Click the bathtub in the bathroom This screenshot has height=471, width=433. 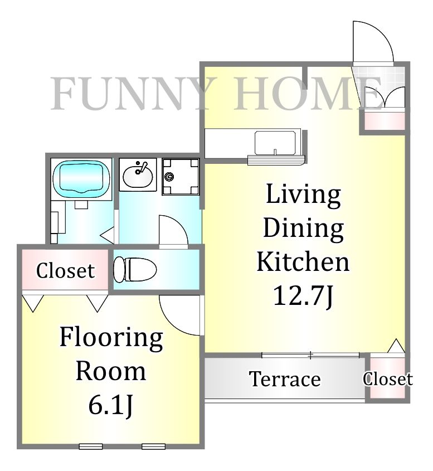point(81,178)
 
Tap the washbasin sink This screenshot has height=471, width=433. point(138,176)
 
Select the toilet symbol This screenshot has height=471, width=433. point(135,270)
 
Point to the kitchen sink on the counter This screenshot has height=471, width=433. point(275,143)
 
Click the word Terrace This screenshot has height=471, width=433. point(285,379)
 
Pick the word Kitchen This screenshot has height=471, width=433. point(303,262)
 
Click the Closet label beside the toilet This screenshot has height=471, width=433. point(65,271)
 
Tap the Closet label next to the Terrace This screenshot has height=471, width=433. point(388,379)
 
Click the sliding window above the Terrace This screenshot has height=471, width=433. point(310,355)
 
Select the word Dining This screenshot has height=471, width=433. point(303,229)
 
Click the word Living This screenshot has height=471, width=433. point(303,195)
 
